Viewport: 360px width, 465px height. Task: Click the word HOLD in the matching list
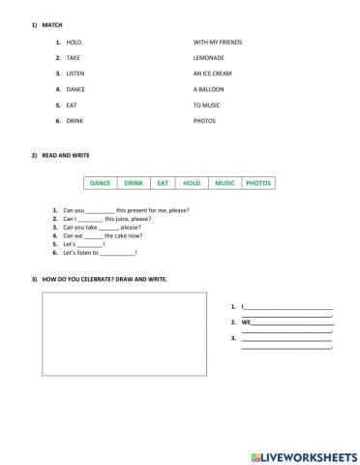tap(74, 43)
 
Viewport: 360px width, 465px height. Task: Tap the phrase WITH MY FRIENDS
tap(218, 43)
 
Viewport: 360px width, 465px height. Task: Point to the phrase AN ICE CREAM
tap(213, 74)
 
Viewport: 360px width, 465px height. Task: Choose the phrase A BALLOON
tap(210, 89)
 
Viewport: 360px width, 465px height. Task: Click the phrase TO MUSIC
tap(208, 105)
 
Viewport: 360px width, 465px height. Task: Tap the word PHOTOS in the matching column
tap(204, 120)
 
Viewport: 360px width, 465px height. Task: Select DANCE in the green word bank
tap(101, 182)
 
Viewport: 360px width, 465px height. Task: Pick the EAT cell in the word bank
tap(163, 182)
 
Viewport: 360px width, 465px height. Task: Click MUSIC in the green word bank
tap(225, 182)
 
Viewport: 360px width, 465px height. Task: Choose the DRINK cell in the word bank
tap(134, 182)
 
